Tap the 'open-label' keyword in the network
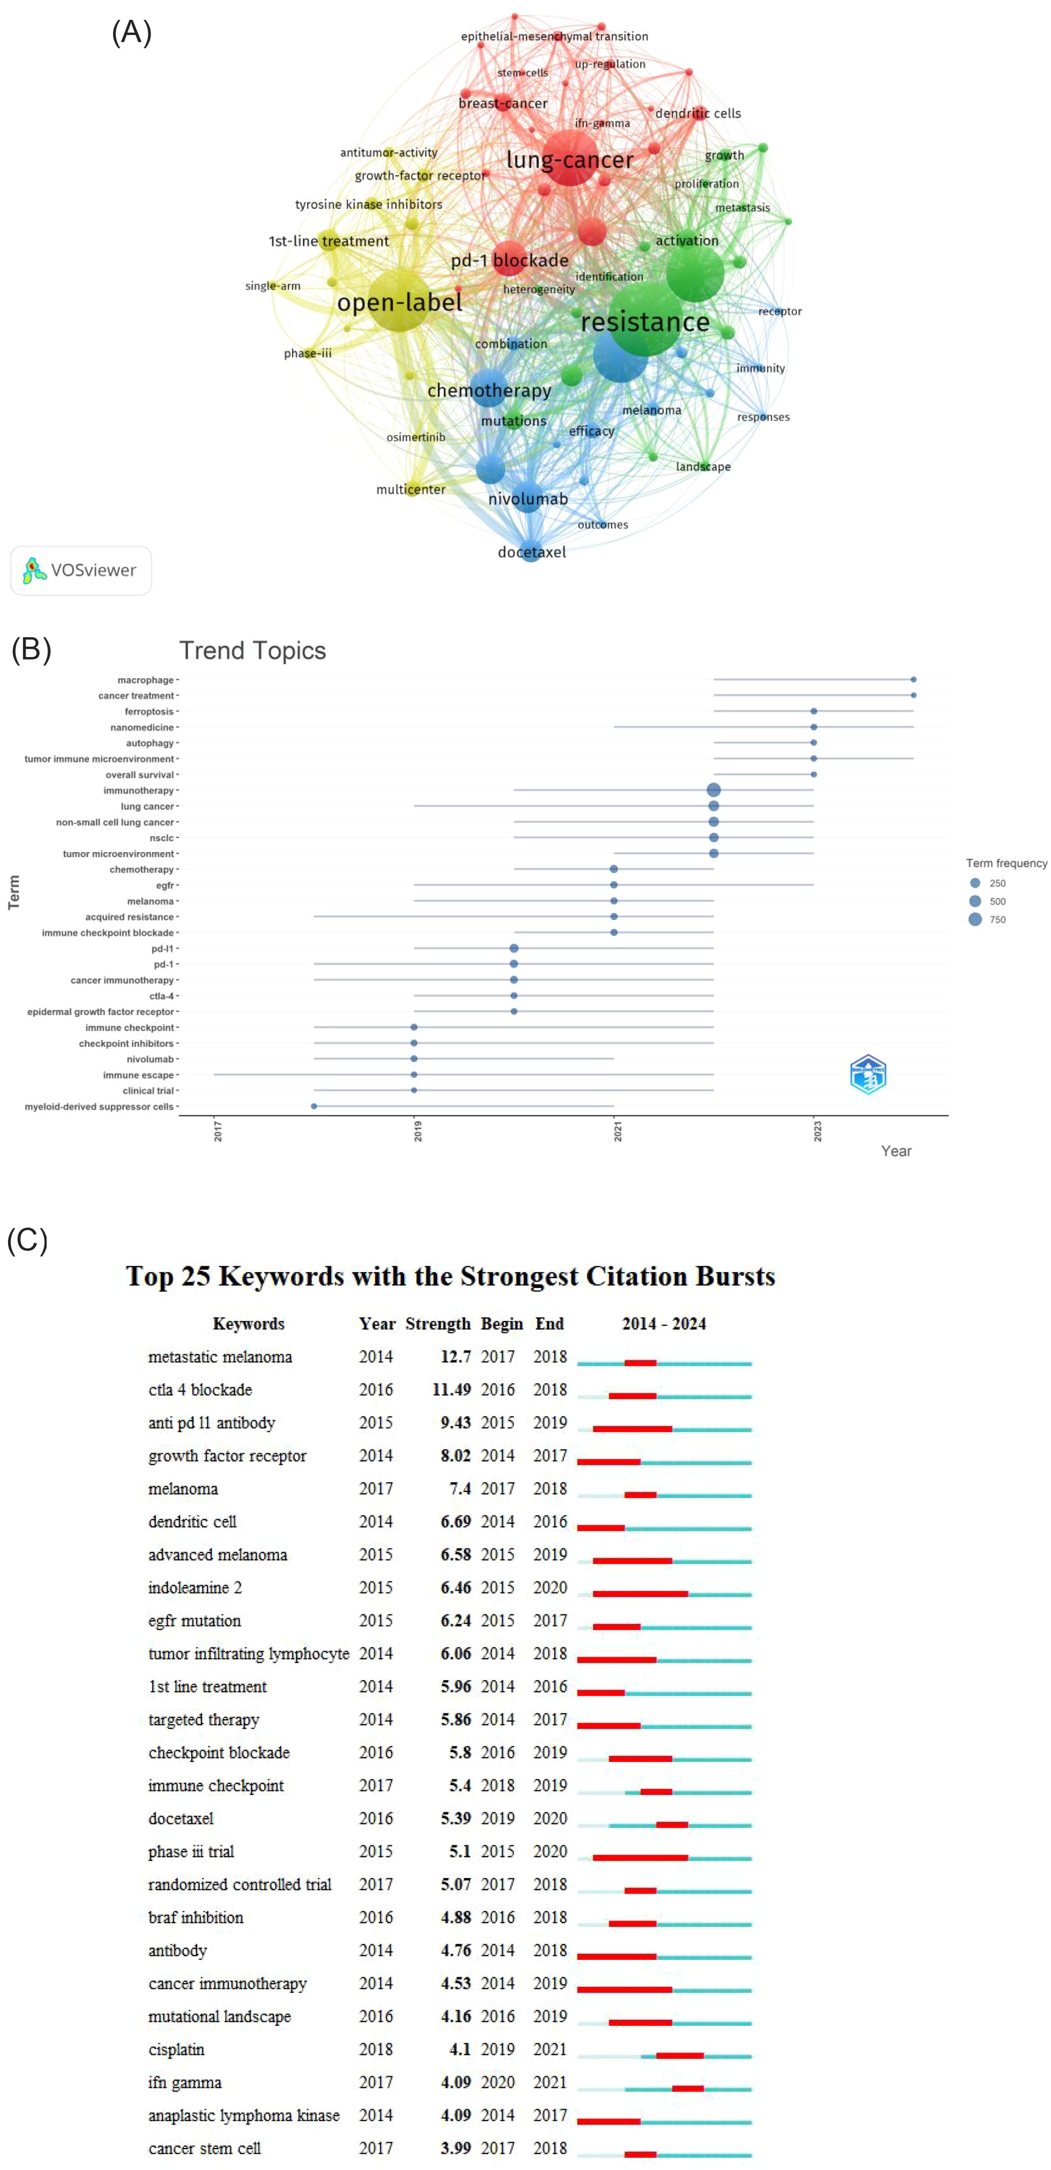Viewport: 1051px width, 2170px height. tap(399, 302)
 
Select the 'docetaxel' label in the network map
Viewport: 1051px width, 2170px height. tap(531, 552)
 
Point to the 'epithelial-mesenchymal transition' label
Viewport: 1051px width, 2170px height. tap(554, 36)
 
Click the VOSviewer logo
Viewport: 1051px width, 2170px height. tap(81, 570)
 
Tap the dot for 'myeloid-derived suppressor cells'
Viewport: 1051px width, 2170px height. tap(314, 1106)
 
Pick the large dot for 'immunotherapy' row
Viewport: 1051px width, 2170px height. tap(713, 790)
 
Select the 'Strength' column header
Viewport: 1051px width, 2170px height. tap(437, 1324)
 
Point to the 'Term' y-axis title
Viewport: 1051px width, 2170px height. tap(13, 892)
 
